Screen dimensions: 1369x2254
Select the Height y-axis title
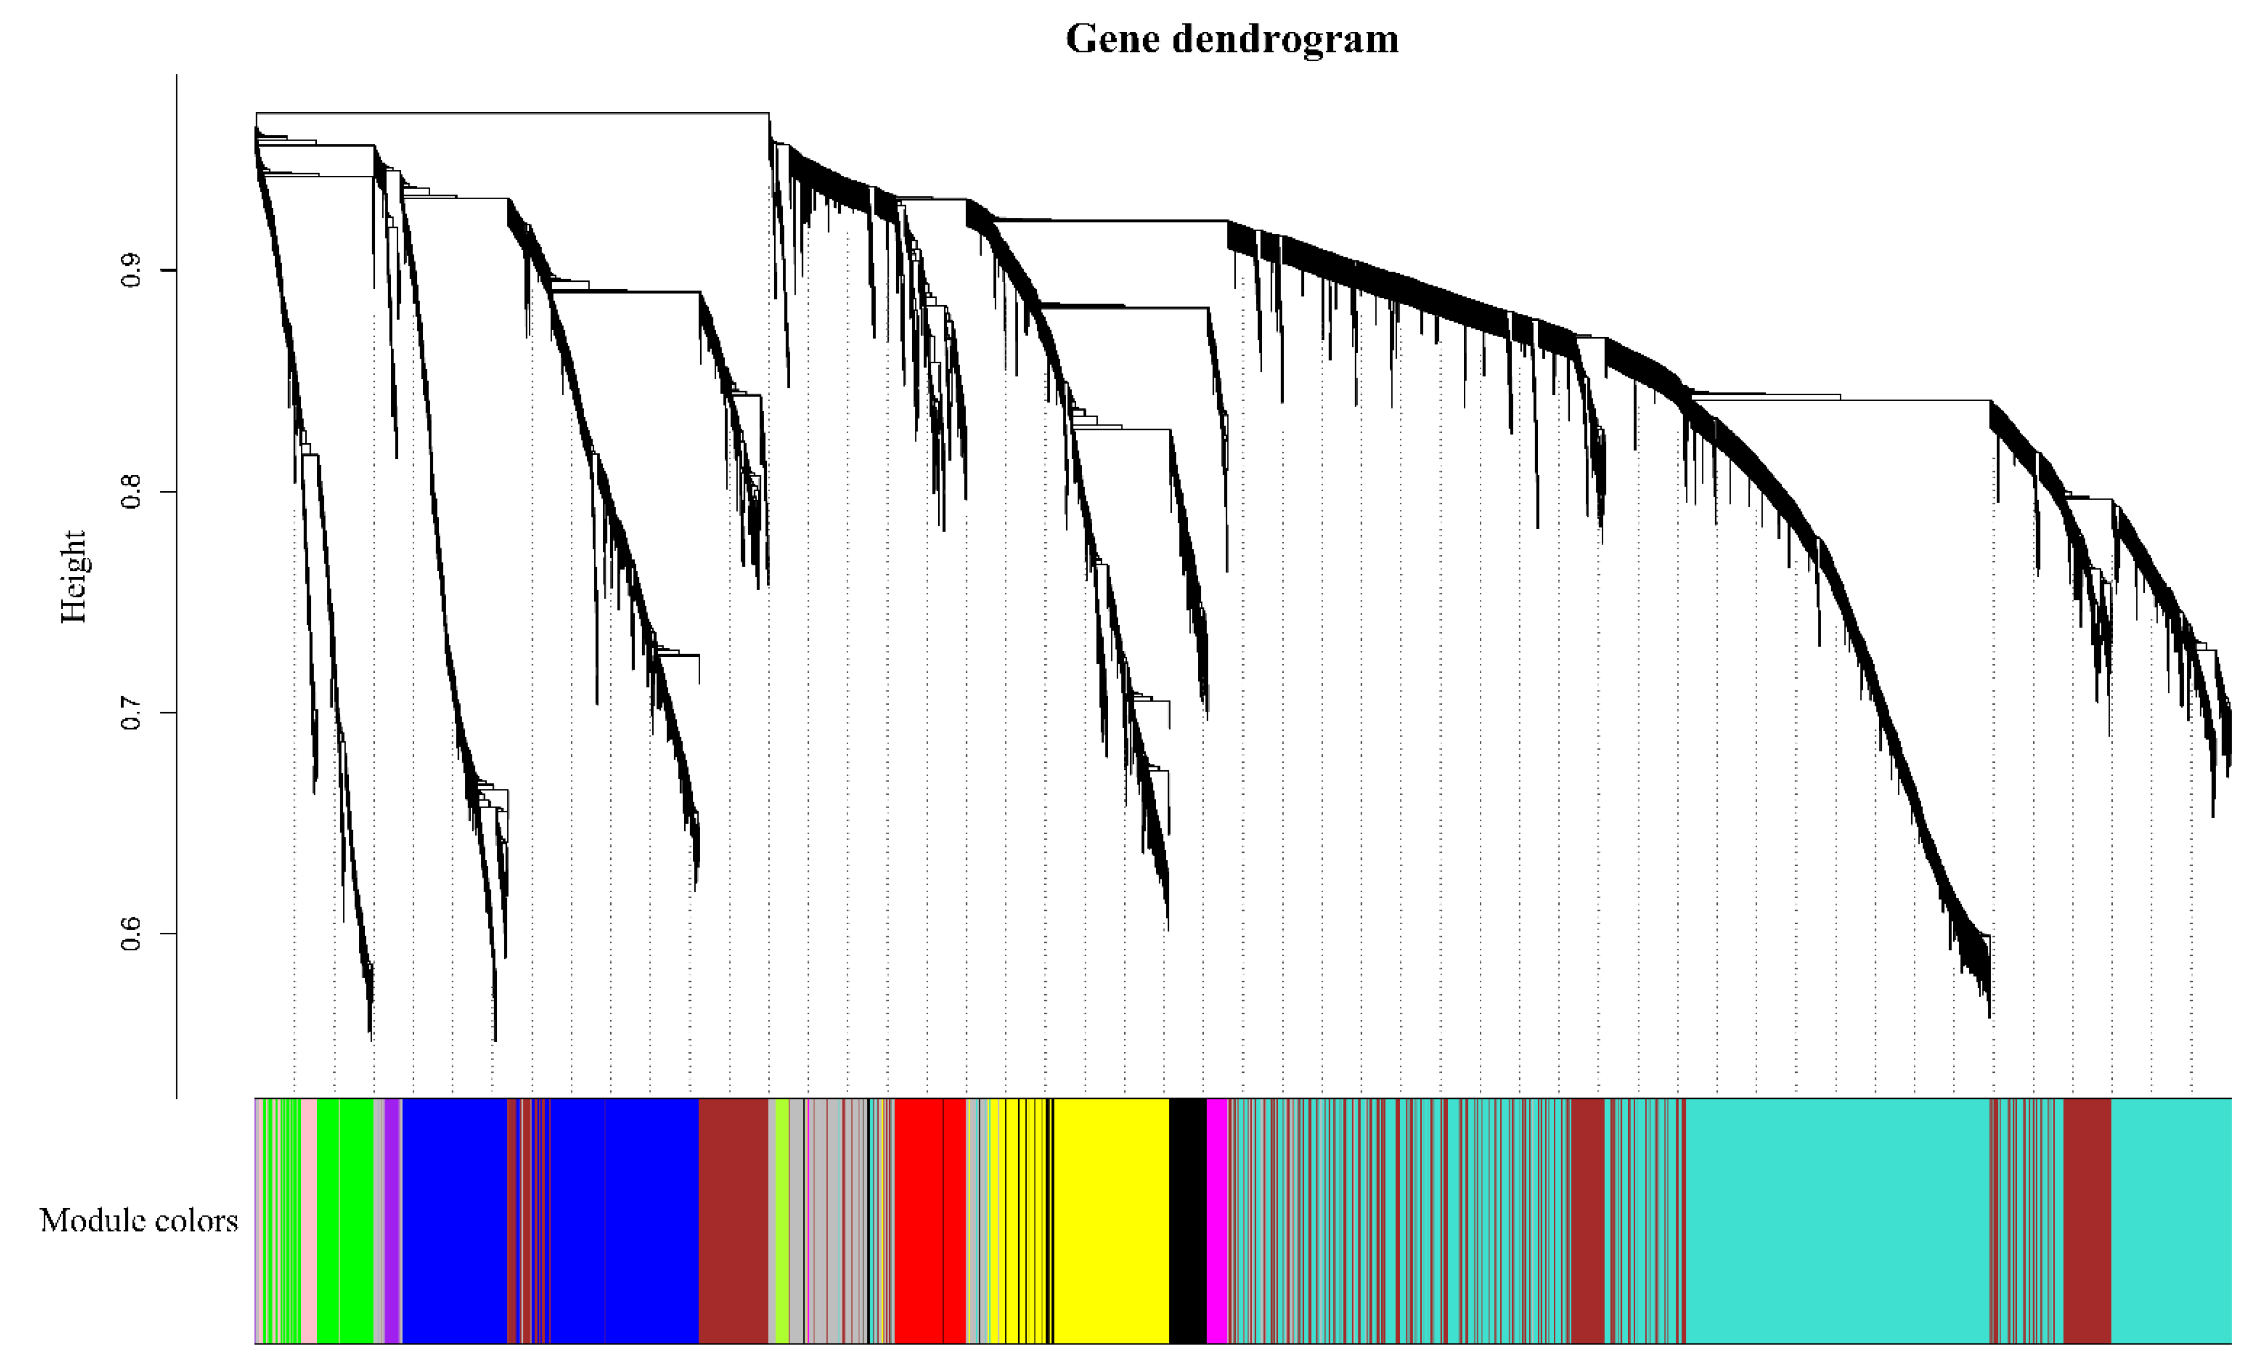73,576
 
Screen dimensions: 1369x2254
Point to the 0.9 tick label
132,270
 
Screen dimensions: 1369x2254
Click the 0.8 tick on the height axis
132,492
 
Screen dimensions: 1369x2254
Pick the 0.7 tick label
132,713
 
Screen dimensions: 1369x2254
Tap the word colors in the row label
192,1220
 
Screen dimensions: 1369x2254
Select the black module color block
1187,1220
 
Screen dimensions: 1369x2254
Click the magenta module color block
1217,1220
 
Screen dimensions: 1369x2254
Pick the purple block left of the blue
392,1220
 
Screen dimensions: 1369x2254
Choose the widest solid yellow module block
1111,1220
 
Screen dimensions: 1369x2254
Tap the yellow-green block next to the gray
782,1220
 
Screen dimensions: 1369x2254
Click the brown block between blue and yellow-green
733,1220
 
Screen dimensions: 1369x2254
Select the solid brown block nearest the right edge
2087,1220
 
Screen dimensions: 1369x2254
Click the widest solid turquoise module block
1837,1220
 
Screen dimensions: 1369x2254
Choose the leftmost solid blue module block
455,1220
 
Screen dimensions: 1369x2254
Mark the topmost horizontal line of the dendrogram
512,112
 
